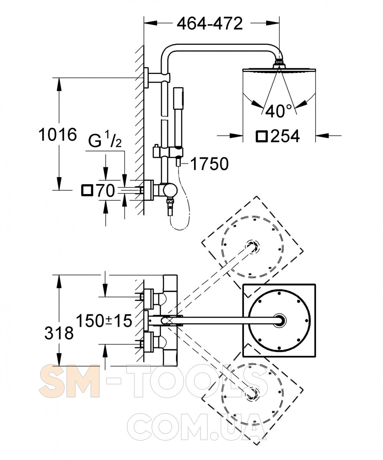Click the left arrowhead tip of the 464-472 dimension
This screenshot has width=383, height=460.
(x=144, y=23)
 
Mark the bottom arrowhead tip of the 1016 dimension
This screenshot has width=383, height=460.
(x=59, y=190)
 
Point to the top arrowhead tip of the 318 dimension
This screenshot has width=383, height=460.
(x=59, y=275)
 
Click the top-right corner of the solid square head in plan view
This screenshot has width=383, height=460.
(x=316, y=284)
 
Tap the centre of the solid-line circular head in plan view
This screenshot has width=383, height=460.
(x=279, y=320)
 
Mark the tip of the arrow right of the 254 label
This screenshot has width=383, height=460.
(x=316, y=135)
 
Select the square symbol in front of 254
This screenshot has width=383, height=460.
(x=261, y=136)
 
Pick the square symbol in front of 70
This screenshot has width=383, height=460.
(x=87, y=191)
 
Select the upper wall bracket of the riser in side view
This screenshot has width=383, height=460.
(x=157, y=77)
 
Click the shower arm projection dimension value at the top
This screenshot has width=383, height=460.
(x=210, y=23)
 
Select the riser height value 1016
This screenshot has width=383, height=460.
(x=58, y=135)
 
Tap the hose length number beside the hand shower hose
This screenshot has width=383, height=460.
(x=209, y=164)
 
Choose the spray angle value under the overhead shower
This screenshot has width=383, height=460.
(x=278, y=111)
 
